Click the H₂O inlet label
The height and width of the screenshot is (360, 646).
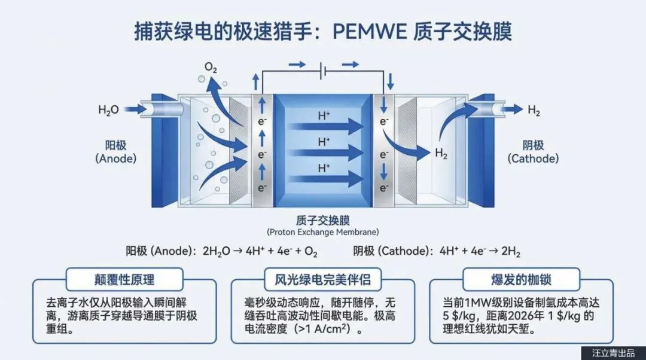coord(108,110)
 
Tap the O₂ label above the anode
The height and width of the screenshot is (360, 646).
coord(211,68)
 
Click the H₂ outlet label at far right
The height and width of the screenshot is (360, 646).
coord(534,110)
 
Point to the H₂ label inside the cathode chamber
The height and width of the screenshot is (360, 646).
coord(441,154)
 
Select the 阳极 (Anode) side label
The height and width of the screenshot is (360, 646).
coord(115,152)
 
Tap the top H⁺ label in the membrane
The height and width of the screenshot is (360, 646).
coord(324,116)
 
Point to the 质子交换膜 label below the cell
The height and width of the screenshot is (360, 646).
coord(323,220)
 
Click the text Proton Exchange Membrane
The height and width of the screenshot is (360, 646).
coord(323,232)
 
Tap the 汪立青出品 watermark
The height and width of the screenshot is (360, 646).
coord(613,352)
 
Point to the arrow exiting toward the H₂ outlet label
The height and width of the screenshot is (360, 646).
coord(511,109)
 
